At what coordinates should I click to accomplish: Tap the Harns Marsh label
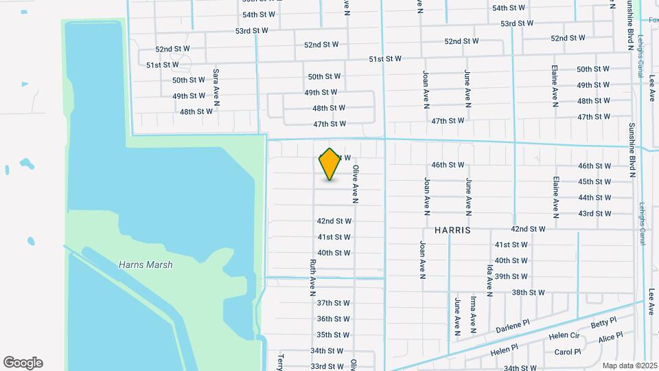[x=146, y=265]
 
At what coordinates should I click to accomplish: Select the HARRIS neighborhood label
[x=452, y=230]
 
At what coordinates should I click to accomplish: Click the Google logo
[x=23, y=363]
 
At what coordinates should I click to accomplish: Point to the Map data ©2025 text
[x=629, y=366]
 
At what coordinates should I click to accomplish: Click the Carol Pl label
[x=568, y=352]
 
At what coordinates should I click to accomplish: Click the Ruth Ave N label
[x=313, y=277]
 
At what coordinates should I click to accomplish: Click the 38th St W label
[x=528, y=293]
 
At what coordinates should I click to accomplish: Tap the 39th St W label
[x=511, y=276]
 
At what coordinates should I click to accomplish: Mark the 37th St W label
[x=334, y=302]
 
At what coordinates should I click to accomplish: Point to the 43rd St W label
[x=594, y=214]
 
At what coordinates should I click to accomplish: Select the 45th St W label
[x=594, y=182]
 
